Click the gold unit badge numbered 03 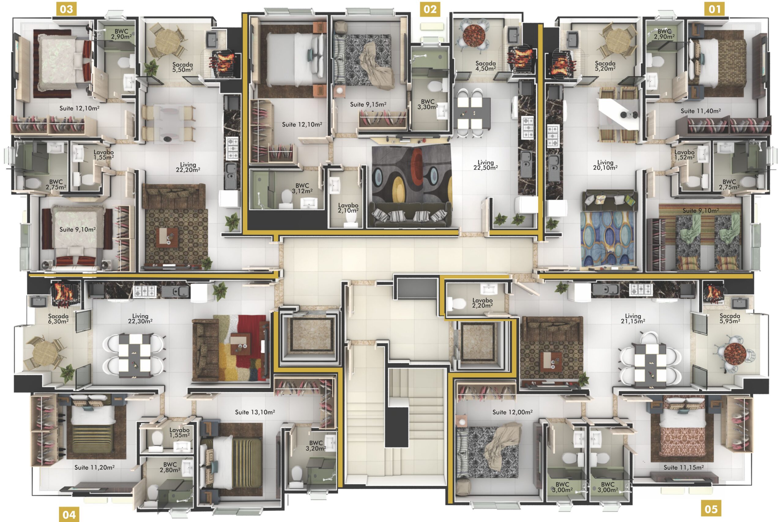pos(67,9)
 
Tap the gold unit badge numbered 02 pos(430,9)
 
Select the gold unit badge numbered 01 pos(714,9)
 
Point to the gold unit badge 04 pos(69,514)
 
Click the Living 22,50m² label pos(485,165)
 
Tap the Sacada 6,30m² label pos(58,319)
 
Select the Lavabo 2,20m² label pos(482,303)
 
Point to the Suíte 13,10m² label pos(255,412)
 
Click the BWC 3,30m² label pos(428,104)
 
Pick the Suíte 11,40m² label pos(700,111)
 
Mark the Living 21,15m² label pos(633,319)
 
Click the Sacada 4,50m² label pos(485,66)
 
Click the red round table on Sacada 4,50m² pos(472,34)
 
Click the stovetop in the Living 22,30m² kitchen pos(145,291)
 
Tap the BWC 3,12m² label pos(302,188)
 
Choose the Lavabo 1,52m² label pos(684,155)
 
